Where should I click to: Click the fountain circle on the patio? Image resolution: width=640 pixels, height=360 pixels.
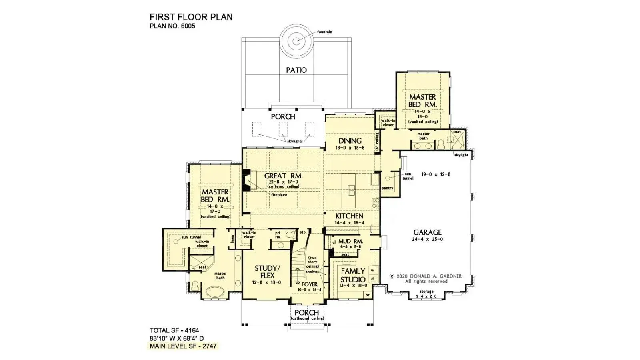point(296,41)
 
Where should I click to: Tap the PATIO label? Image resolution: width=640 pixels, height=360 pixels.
point(296,70)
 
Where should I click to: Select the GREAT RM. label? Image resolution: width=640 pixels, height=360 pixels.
point(283,176)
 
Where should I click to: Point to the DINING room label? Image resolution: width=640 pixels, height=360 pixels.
point(350,141)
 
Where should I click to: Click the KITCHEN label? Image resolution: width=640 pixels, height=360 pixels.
point(349,216)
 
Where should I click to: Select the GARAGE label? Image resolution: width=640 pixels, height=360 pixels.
point(427,232)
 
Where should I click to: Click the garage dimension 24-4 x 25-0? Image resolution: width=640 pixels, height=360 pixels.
point(427,239)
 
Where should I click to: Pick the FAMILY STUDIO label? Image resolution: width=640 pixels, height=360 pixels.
point(353,275)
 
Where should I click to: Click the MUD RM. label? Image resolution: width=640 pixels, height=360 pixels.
point(350,241)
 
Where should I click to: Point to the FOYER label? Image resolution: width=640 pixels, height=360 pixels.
point(310,284)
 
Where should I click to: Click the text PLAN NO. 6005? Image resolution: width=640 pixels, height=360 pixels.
point(172,26)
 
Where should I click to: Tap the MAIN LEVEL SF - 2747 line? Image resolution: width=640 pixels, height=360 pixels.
point(183,346)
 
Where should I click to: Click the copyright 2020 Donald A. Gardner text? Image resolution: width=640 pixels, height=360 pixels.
point(426,276)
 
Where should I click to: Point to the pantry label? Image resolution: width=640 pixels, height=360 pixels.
point(387,188)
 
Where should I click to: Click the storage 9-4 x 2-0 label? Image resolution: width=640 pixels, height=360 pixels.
point(426,294)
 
